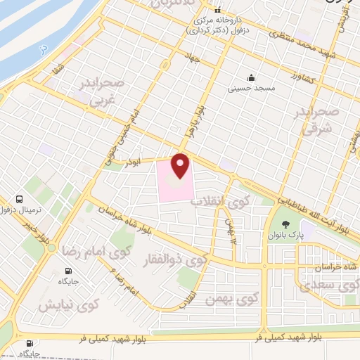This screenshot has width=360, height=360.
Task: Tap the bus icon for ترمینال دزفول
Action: point(20,199)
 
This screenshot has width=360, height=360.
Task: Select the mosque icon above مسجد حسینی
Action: point(250,77)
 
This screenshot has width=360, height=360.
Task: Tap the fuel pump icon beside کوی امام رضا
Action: point(68,271)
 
